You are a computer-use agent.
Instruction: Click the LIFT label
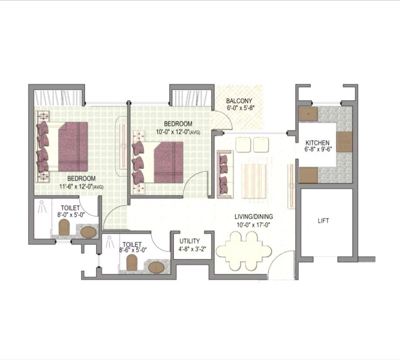[x=324, y=221]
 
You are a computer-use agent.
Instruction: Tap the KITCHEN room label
[x=317, y=142]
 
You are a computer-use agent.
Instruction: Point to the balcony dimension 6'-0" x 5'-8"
[x=239, y=108]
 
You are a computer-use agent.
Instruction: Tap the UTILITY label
[x=190, y=241]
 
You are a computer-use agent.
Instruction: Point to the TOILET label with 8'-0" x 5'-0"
[x=70, y=207]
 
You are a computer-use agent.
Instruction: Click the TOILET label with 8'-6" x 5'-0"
[x=132, y=244]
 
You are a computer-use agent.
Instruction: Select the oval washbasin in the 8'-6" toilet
[x=157, y=267]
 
